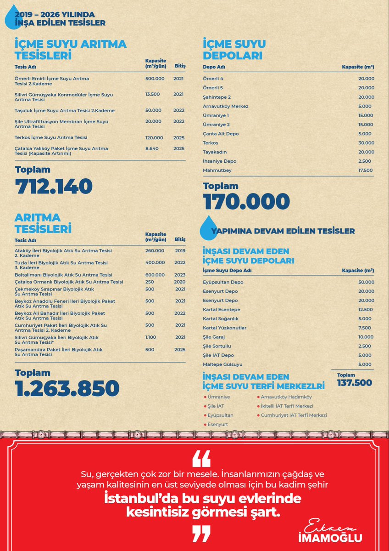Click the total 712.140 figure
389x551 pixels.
tap(54, 187)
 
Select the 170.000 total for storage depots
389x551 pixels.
tap(246, 202)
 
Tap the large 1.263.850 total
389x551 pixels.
tap(67, 389)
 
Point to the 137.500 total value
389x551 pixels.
tap(354, 383)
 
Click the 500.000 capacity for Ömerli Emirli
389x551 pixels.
tap(155, 79)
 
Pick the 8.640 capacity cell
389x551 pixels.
tap(152, 148)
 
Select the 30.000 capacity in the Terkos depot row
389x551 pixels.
tap(366, 143)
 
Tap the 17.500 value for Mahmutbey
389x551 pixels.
tap(366, 170)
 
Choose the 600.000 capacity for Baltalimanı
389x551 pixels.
tap(155, 275)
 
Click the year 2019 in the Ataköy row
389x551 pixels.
tap(180, 251)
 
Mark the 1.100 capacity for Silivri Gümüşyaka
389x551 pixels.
tap(150, 337)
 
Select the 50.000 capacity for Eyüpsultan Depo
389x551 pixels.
tap(366, 282)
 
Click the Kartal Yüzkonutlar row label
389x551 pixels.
tap(225, 328)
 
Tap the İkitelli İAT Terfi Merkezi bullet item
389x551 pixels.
tap(287, 406)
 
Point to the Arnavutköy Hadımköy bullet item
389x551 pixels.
tap(286, 397)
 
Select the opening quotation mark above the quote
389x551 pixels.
tap(201, 458)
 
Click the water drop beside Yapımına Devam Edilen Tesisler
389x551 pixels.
tap(208, 227)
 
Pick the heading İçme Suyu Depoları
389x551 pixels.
tap(234, 50)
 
